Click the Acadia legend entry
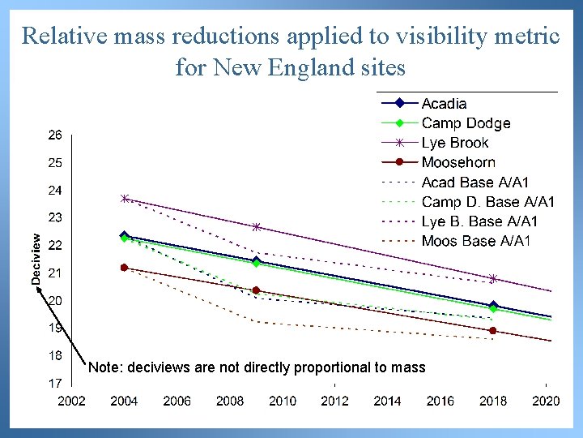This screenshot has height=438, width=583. pos(444,104)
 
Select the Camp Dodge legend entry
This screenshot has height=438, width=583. pos(466,123)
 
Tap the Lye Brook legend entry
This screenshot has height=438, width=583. pos(455,143)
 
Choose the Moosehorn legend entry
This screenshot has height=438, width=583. pos(458,162)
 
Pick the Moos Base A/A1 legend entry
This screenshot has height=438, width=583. pos(476,241)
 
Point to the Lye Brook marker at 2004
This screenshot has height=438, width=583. pos(125,198)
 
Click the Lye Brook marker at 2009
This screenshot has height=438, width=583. pos(256,227)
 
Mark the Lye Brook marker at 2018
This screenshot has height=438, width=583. pos(493,279)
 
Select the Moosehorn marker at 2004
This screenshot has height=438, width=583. pos(124,268)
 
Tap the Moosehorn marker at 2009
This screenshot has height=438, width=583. pos(256,290)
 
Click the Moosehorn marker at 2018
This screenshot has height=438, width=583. pos(493,331)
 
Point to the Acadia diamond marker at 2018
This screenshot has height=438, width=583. pos(493,306)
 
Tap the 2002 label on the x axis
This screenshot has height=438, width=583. pos(71,401)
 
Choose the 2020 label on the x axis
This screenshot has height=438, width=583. pos(546,401)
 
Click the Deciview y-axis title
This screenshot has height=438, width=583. pos(36,255)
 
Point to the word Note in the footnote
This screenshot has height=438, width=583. pos(104,367)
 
